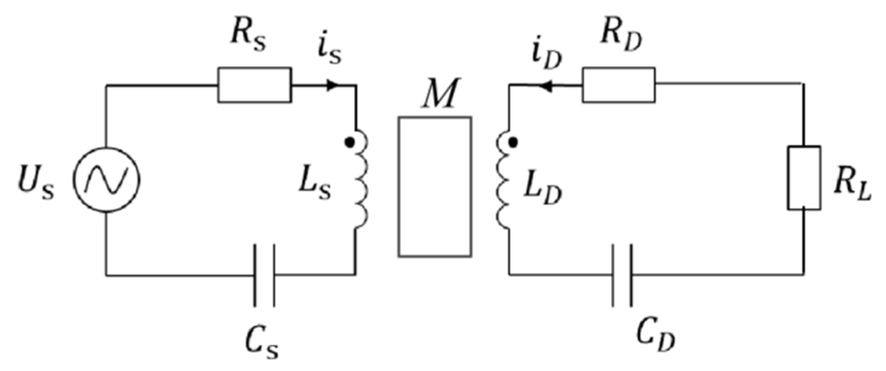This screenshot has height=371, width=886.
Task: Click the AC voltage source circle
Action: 107,180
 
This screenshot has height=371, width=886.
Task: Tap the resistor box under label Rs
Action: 254,85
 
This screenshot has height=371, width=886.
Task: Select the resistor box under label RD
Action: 619,85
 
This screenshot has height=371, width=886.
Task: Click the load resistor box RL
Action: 804,178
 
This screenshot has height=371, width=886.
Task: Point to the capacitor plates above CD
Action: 622,275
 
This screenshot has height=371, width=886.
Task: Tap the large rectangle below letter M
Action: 435,187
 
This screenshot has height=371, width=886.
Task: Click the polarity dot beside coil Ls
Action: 349,143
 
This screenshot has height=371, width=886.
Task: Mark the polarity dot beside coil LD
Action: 512,143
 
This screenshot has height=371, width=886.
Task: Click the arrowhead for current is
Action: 332,86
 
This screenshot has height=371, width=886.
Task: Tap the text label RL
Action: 851,185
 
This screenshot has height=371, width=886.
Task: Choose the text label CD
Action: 655,334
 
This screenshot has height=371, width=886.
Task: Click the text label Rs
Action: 248,36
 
